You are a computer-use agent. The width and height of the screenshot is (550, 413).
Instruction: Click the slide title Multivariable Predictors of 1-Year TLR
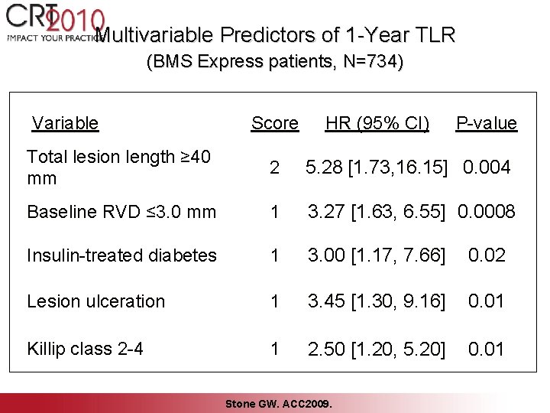tap(277, 35)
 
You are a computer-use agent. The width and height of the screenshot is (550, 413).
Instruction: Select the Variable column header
tap(66, 123)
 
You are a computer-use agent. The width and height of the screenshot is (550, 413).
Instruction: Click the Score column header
tap(274, 123)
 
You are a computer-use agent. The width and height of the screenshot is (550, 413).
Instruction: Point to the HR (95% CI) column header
tap(377, 123)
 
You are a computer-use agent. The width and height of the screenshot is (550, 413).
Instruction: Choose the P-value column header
tap(486, 123)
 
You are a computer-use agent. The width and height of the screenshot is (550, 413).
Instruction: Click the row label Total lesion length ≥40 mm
tap(118, 167)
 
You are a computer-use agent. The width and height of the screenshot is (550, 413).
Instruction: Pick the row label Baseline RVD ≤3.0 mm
tap(121, 212)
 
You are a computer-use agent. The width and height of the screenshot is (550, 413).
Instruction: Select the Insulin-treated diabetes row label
tap(121, 255)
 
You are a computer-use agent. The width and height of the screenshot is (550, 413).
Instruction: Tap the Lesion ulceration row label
tap(95, 301)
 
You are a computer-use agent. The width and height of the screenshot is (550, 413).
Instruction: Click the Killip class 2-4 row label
tap(85, 348)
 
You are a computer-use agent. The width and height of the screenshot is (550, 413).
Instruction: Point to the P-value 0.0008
tap(487, 212)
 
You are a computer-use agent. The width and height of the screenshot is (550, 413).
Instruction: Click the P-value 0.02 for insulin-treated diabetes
tap(486, 255)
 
